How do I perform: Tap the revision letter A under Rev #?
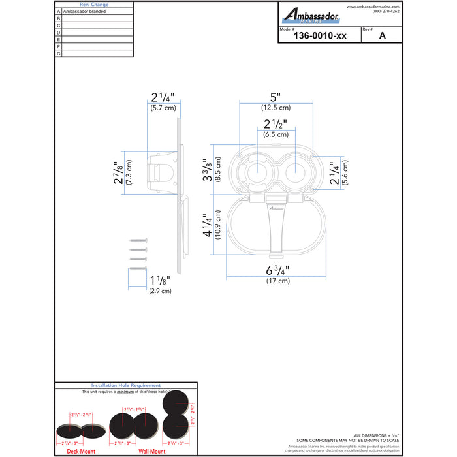pos(382,37)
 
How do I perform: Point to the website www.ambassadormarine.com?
pos(373,7)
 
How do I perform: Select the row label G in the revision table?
pos(59,54)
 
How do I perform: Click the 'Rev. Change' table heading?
pos(94,5)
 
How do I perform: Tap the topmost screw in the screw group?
pos(139,241)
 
